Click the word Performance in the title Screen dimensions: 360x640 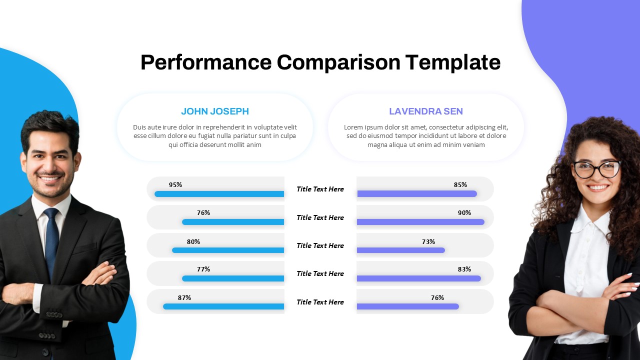click(x=206, y=63)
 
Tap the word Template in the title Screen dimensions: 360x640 click(x=452, y=63)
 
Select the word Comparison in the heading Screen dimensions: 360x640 click(x=338, y=63)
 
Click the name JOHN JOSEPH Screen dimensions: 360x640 click(x=215, y=111)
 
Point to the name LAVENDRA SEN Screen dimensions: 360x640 click(x=426, y=111)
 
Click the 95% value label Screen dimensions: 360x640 click(x=175, y=184)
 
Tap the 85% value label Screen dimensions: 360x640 click(x=460, y=184)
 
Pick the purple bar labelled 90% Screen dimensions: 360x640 click(x=420, y=222)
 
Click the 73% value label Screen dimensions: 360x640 click(x=428, y=241)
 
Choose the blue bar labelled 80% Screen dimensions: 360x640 click(x=228, y=250)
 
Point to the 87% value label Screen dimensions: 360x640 click(x=184, y=297)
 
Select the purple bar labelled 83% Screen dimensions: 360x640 click(x=418, y=278)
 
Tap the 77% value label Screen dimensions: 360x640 click(x=203, y=269)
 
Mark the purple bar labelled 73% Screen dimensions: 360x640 click(x=400, y=250)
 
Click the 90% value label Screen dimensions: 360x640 click(x=464, y=212)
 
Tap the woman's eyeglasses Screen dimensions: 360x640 click(x=596, y=169)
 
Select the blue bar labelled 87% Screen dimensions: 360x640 click(x=223, y=306)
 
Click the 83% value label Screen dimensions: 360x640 click(x=464, y=269)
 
